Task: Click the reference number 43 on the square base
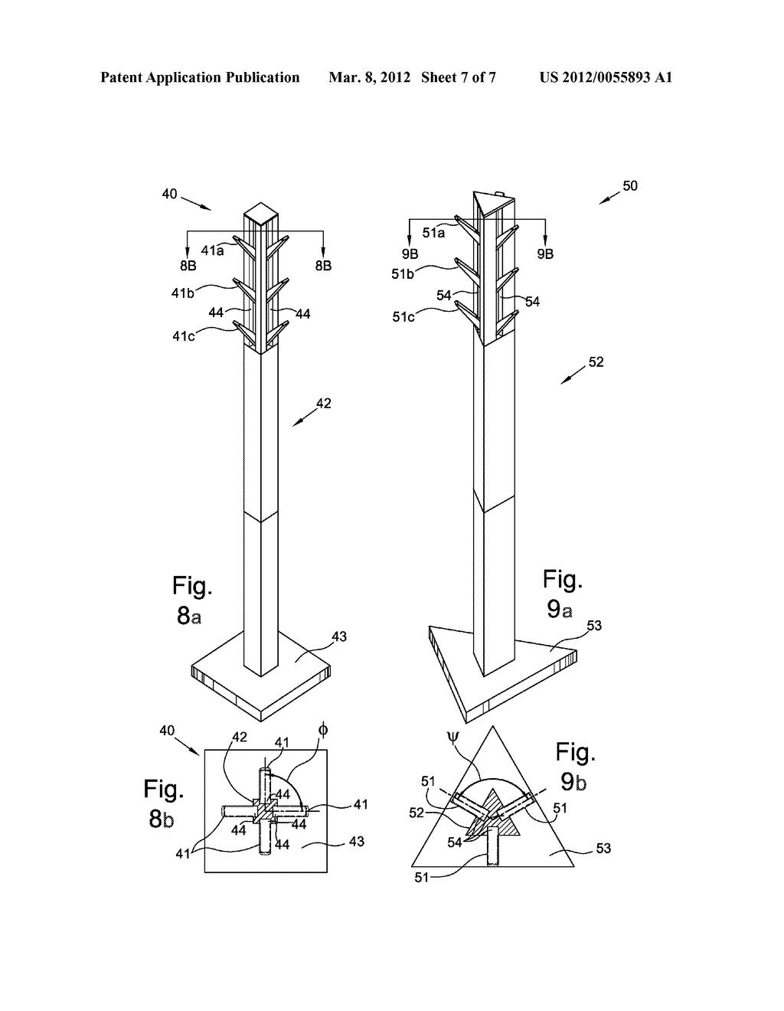click(338, 636)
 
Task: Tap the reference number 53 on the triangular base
click(593, 626)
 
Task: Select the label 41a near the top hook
click(212, 250)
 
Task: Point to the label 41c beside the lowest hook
click(183, 335)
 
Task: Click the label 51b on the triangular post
click(403, 273)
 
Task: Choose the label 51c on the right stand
click(404, 316)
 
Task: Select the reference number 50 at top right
click(629, 185)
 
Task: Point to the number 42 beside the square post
click(323, 403)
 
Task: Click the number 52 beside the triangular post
click(596, 362)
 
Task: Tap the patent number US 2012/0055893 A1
click(605, 77)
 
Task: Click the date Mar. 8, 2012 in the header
click(364, 77)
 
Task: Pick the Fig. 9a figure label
click(563, 593)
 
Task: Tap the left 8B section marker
click(188, 265)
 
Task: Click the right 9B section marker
click(544, 254)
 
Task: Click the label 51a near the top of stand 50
click(433, 233)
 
